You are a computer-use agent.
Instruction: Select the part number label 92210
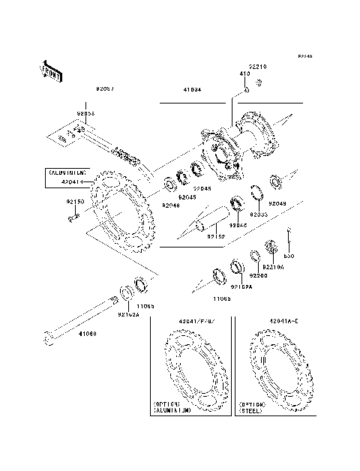point(257,67)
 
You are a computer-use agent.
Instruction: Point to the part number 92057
point(104,88)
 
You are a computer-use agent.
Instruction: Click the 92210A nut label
point(272,267)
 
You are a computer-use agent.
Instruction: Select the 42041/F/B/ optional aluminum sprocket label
point(196,322)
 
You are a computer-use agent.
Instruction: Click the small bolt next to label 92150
point(73,217)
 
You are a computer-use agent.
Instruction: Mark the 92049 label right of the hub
point(277,203)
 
